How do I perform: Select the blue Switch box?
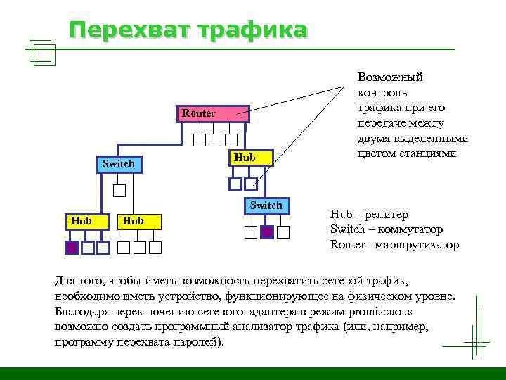119,164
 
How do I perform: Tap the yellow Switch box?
266,205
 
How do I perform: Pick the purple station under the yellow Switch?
266,232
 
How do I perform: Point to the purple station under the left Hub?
71,248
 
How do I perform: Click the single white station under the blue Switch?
119,190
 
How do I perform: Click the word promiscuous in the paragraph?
378,312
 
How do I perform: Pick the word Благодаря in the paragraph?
79,312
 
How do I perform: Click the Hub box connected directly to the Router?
245,158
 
